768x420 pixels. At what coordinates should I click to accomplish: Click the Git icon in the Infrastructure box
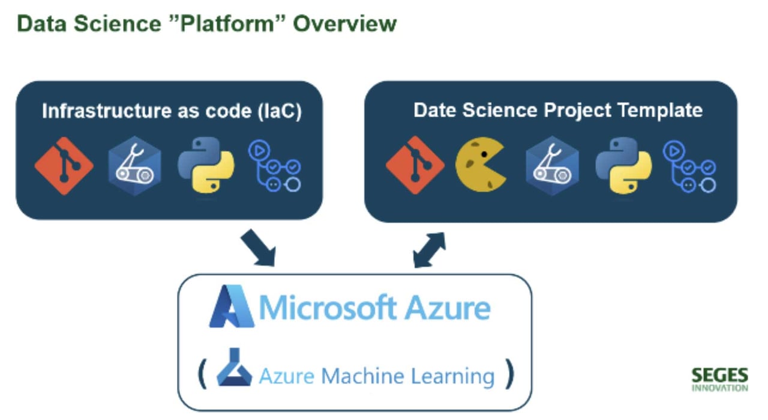[x=64, y=165]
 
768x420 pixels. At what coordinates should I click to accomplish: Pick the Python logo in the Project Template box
[x=623, y=165]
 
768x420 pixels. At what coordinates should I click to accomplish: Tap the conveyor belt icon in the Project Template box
[x=552, y=165]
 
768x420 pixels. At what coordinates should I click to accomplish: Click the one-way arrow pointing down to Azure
[x=258, y=248]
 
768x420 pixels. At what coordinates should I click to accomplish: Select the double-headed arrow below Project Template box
[x=429, y=250]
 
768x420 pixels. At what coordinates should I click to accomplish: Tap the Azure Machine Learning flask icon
[x=234, y=367]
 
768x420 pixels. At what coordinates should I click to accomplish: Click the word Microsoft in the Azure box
[x=328, y=308]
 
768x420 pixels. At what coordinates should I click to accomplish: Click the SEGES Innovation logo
[x=719, y=380]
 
